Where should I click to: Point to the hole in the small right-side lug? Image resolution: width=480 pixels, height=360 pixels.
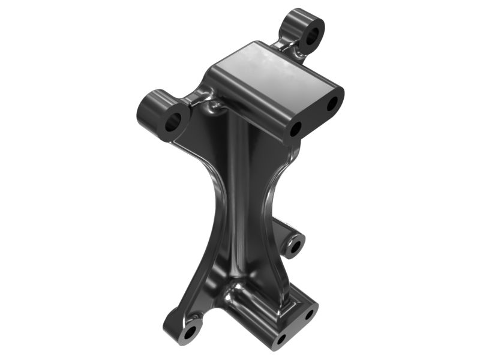(295, 245)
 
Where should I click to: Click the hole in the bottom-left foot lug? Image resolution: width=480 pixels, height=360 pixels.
(191, 331)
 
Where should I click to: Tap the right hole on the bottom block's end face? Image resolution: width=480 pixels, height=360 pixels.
(310, 314)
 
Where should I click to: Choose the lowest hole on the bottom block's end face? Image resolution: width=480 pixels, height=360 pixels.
(281, 340)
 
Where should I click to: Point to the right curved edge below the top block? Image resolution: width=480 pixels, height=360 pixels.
(277, 180)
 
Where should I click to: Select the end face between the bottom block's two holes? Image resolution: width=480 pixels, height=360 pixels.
(296, 327)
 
